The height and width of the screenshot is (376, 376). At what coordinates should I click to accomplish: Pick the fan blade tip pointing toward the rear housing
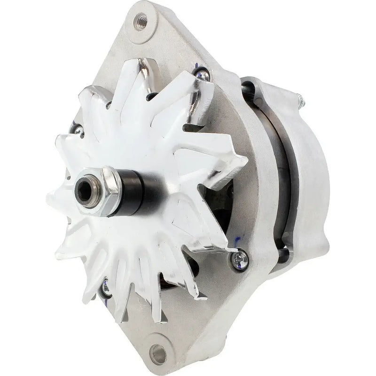244,160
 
